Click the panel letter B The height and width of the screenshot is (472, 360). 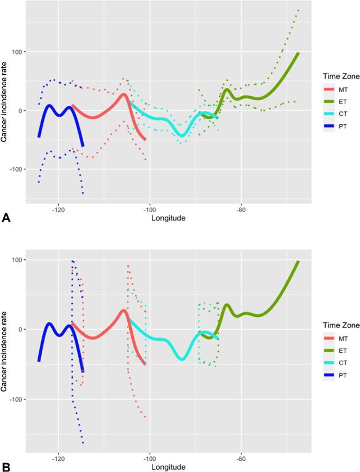tap(6, 466)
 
